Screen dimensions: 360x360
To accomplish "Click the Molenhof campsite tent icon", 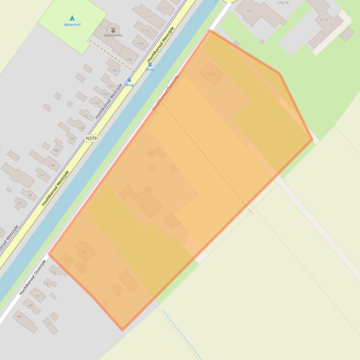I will [x=72, y=18].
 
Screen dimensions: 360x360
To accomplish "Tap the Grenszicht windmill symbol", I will [x=113, y=29].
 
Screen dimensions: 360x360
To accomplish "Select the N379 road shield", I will [x=91, y=138].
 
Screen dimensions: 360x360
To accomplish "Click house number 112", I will [x=166, y=8].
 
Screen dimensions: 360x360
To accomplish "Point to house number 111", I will [x=149, y=17].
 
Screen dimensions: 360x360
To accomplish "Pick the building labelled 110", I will [x=146, y=31].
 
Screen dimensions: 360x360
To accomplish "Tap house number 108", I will [x=129, y=59].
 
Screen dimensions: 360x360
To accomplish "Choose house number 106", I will [x=113, y=70].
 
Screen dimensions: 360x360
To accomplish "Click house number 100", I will [x=82, y=128].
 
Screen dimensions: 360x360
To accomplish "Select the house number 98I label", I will [x=56, y=151].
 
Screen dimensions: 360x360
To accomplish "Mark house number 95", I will [x=20, y=203].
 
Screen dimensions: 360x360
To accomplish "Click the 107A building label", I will [x=323, y=20].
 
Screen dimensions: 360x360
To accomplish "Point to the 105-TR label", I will [x=283, y=3].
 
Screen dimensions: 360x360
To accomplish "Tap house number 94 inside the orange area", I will [x=84, y=252].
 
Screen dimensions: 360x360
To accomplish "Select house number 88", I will [x=19, y=317].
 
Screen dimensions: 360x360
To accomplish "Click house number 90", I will [x=38, y=295].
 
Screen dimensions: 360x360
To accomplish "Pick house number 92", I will [x=54, y=272].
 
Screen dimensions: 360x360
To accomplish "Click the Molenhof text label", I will [x=73, y=24].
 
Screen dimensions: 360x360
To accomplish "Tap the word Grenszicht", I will [x=113, y=35].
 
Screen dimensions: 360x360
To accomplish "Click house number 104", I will [x=105, y=94].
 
